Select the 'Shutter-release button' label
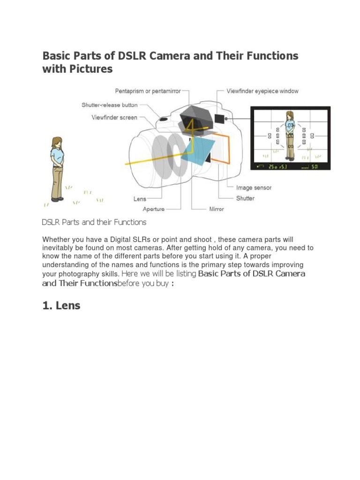pyautogui.click(x=109, y=105)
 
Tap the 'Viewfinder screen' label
pyautogui.click(x=114, y=118)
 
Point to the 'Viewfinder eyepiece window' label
pyautogui.click(x=262, y=91)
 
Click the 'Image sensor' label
pyautogui.click(x=254, y=188)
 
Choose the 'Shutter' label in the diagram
pyautogui.click(x=246, y=198)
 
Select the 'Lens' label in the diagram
pyautogui.click(x=140, y=199)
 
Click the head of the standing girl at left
pyautogui.click(x=57, y=142)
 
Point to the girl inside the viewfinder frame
pyautogui.click(x=290, y=133)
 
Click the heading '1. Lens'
pyautogui.click(x=61, y=306)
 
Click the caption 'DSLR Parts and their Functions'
pyautogui.click(x=94, y=222)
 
